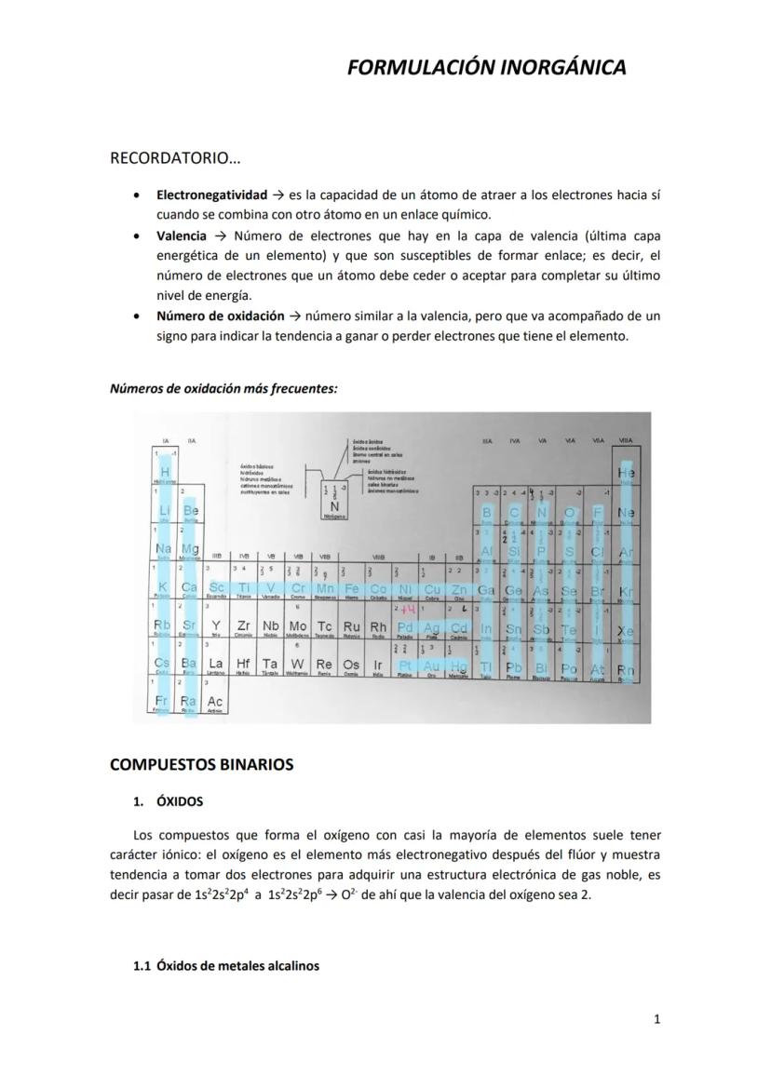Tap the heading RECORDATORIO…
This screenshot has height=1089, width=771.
(175, 158)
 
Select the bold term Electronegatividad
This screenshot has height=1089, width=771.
(211, 195)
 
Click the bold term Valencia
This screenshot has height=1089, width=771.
(182, 236)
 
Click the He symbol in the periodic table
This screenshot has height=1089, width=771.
(626, 474)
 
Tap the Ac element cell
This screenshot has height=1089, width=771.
(215, 700)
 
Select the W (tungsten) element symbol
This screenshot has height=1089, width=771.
(297, 664)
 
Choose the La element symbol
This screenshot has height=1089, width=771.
(215, 664)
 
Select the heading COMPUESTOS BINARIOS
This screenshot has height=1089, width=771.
(201, 764)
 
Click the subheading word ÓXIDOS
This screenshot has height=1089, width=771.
(180, 801)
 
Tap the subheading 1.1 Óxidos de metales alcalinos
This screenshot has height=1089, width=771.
(226, 966)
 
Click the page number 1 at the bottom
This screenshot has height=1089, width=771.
(656, 1019)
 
